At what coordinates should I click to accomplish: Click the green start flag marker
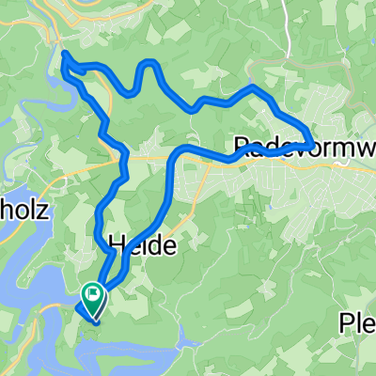(94, 294)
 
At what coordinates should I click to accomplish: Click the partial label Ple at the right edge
(357, 324)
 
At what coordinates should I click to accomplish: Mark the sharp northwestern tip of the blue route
(64, 55)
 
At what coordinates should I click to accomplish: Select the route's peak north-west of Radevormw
(252, 89)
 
